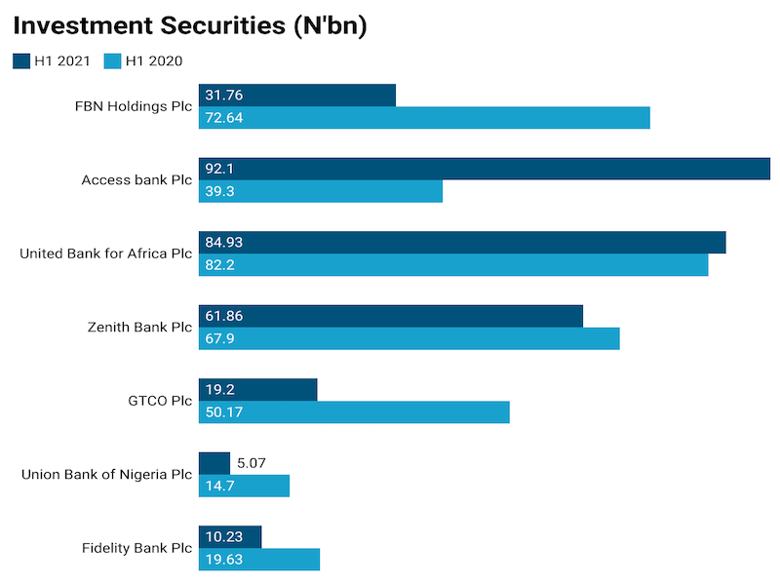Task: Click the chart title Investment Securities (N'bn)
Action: [190, 26]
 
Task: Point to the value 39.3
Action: [219, 192]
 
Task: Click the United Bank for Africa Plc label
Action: [106, 253]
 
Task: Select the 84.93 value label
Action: [224, 243]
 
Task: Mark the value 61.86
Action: [224, 316]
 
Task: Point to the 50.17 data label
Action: [224, 412]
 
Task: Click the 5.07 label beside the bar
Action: [252, 463]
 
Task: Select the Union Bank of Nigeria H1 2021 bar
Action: [214, 463]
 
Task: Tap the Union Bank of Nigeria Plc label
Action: [107, 475]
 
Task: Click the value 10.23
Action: [224, 537]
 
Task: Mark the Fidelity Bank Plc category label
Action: [137, 548]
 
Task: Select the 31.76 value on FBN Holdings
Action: [224, 96]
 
